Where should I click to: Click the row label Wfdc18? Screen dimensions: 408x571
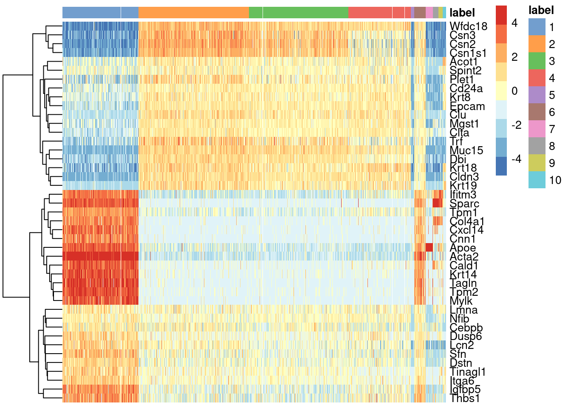pos(468,27)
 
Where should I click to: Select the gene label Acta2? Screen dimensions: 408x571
pos(464,257)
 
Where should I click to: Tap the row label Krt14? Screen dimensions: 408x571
pos(463,275)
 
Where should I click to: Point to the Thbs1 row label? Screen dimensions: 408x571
pos(465,398)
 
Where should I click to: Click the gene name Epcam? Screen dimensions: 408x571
pos(467,106)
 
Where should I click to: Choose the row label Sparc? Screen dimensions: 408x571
pos(464,204)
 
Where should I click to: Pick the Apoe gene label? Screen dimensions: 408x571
pos(463,248)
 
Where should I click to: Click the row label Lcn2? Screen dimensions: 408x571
pos(461,345)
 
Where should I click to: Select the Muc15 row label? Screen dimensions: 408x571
pos(466,150)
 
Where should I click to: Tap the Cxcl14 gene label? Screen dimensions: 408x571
pos(466,230)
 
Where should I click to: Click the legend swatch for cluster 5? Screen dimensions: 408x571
pos(537,95)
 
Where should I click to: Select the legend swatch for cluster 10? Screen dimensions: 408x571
pos(537,180)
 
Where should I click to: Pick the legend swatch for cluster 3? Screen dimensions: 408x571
pos(537,61)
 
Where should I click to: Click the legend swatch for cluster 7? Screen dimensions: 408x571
pos(537,129)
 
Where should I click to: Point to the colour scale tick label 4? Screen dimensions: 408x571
pos(514,23)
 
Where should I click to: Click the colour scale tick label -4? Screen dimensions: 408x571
pos(516,159)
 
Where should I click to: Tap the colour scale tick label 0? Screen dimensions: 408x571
pos(514,91)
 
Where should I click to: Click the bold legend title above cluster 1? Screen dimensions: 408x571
pos(541,10)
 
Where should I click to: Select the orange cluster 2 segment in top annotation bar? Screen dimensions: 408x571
pos(193,12)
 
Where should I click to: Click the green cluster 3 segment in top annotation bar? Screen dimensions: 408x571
pos(298,12)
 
